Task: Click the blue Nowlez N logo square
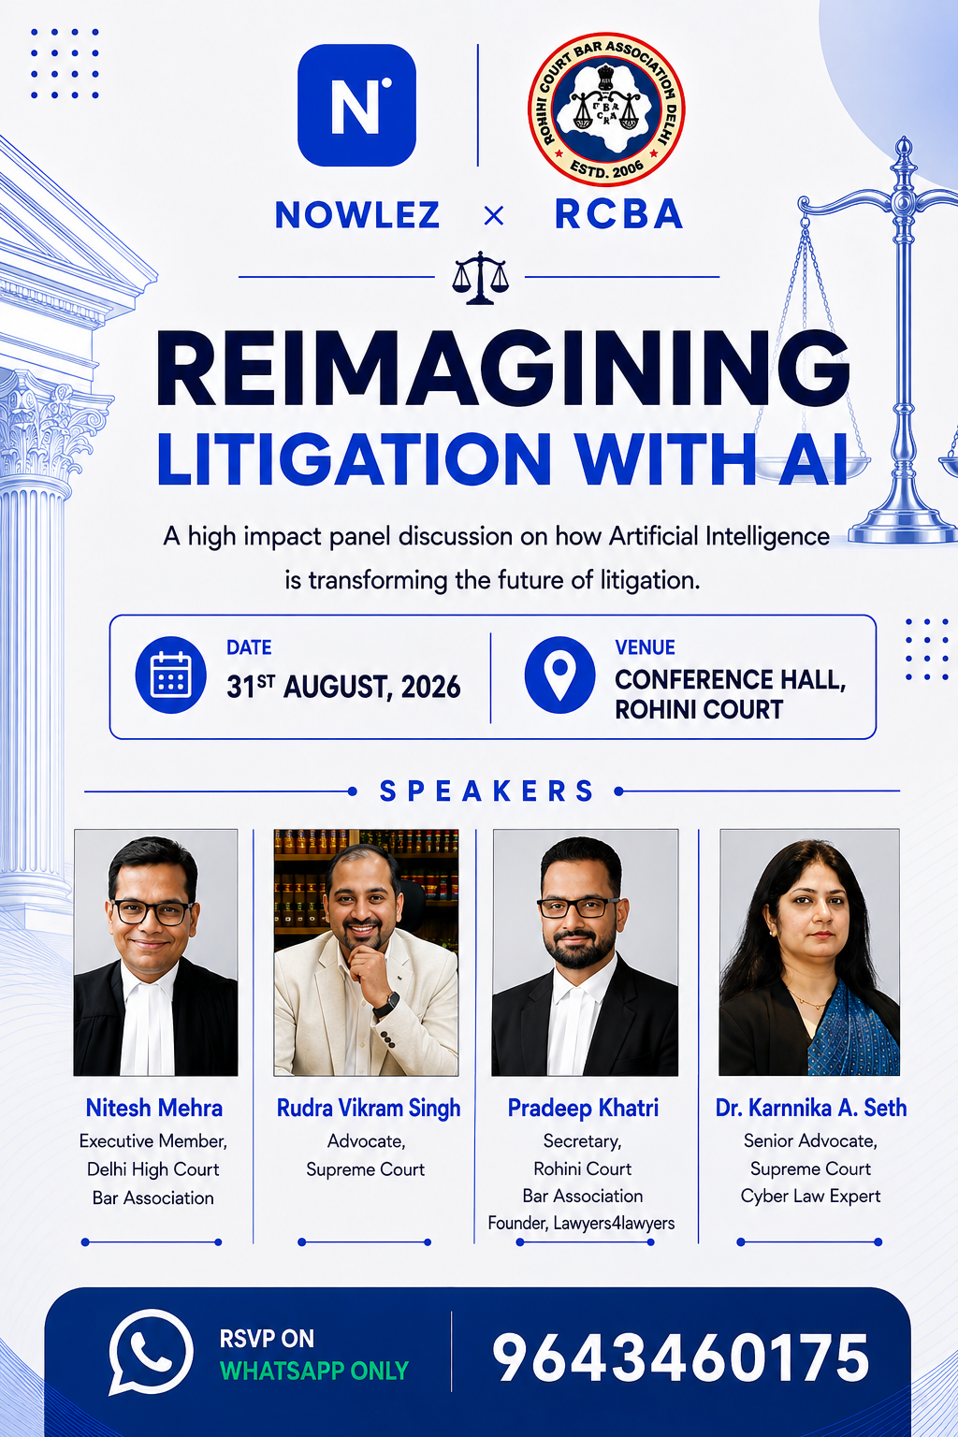(356, 105)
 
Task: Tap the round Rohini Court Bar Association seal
(606, 109)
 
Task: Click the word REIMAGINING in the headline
(503, 369)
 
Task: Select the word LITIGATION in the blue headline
(355, 458)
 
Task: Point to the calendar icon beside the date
(170, 675)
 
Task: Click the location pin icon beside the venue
(559, 675)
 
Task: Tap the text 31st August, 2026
(343, 687)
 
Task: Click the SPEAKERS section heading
(487, 791)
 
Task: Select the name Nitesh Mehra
(154, 1108)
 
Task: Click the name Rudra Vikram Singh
(369, 1108)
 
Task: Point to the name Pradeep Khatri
(583, 1108)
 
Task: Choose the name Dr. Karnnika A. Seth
(811, 1108)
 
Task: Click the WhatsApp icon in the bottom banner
(151, 1352)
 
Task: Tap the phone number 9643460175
(680, 1357)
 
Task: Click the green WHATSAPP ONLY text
(314, 1371)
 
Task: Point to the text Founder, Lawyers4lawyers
(581, 1224)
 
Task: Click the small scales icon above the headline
(481, 277)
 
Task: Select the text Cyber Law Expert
(810, 1196)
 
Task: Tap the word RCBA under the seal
(618, 214)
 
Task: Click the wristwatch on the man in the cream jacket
(386, 1006)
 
